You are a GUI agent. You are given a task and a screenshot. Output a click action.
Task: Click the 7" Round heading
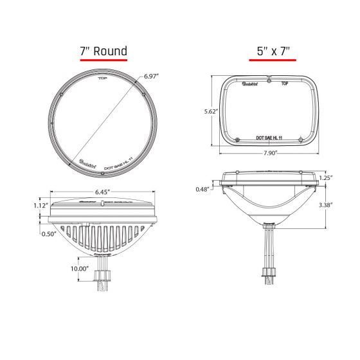[104, 51]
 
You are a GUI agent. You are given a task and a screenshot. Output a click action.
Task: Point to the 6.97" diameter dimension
[152, 76]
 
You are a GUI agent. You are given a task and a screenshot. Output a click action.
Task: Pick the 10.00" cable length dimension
[79, 268]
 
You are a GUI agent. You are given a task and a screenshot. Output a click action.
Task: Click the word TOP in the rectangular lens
[285, 84]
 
